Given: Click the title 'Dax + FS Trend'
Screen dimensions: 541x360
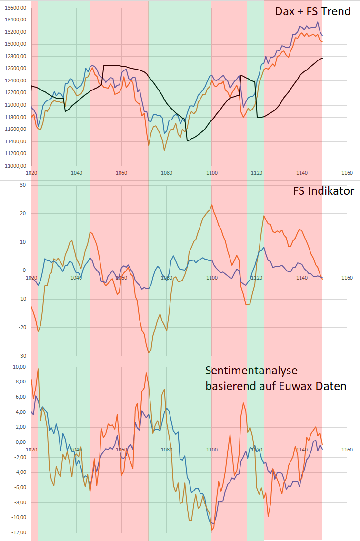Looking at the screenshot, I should point(312,11).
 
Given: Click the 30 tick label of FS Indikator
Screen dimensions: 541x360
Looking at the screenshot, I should point(22,185).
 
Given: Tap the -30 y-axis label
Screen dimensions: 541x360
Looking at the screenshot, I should point(21,356).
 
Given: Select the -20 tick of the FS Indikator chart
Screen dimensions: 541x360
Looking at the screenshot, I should point(21,327).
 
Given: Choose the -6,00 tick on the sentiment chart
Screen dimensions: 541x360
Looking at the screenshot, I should point(19,487).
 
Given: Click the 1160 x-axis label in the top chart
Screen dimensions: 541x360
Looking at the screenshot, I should point(347,173).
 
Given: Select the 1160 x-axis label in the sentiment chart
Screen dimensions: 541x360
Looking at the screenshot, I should point(347,450).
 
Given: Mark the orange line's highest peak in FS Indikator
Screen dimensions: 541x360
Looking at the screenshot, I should point(211,205).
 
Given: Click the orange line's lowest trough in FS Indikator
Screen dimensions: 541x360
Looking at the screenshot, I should point(149,353).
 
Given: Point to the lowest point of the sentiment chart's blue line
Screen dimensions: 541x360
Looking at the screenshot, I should point(213,524).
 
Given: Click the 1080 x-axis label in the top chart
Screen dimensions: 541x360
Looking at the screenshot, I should point(167,173).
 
